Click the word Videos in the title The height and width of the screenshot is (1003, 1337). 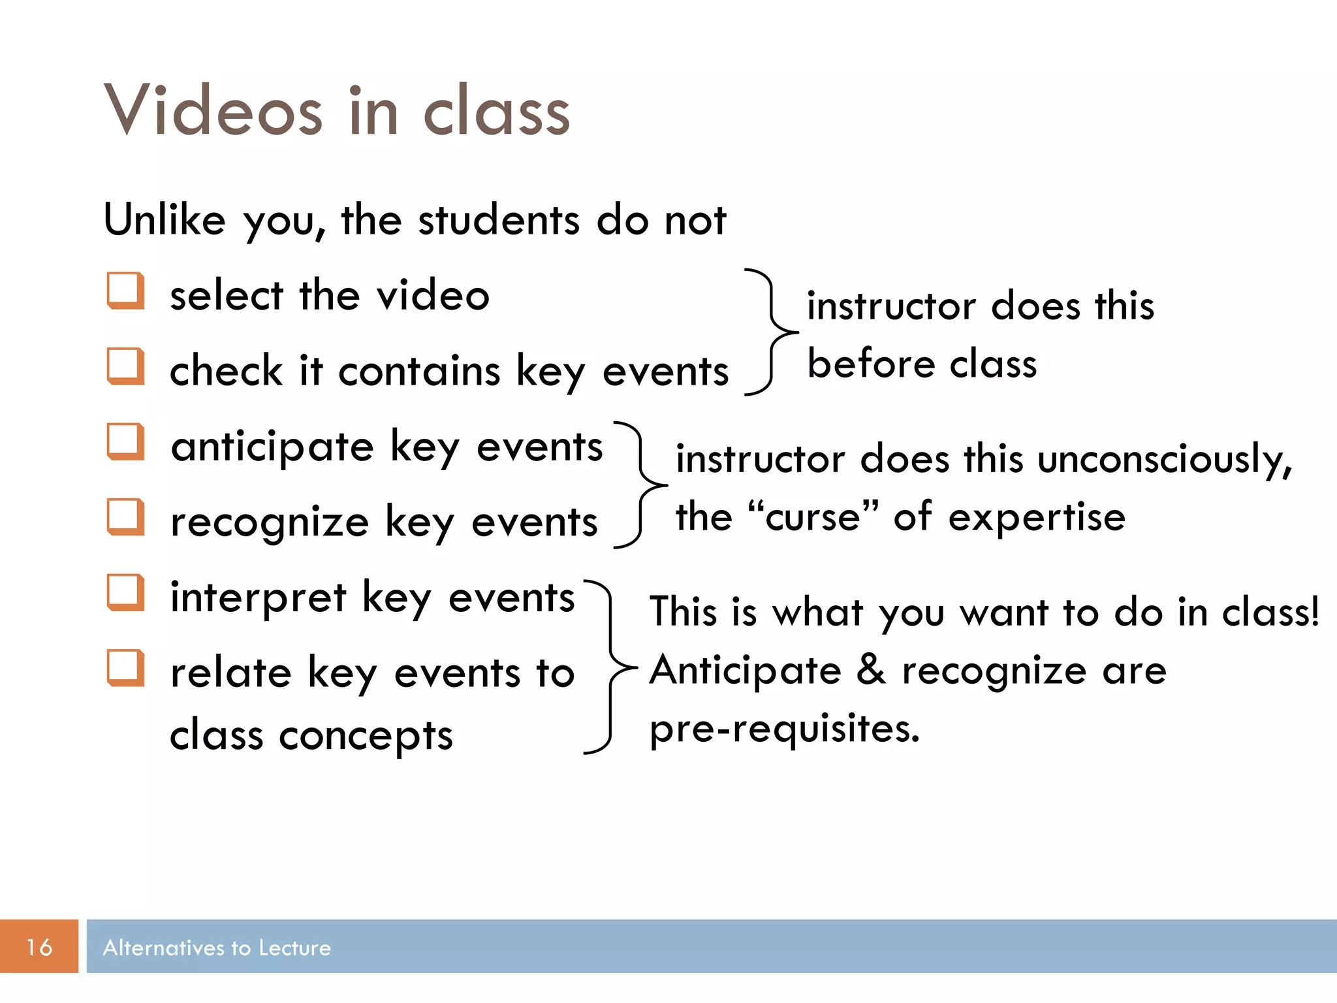213,111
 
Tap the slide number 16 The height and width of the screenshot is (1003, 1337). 39,946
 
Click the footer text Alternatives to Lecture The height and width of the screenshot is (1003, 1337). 217,947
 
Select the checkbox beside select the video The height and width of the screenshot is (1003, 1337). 125,291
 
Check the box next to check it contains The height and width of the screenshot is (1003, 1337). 125,366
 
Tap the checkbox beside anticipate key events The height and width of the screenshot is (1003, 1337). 125,441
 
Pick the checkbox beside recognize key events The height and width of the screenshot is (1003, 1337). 125,517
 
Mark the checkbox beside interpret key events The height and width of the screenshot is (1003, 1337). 125,592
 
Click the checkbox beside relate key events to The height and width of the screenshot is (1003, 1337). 125,667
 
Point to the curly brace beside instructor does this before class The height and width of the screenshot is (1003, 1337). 771,332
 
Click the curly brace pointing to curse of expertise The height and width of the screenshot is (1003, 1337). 641,485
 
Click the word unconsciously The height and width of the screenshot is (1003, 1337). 1164,460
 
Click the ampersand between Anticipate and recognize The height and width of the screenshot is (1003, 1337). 871,670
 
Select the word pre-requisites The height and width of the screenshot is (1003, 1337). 784,729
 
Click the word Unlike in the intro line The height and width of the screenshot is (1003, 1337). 165,219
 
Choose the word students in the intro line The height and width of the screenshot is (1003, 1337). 498,220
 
